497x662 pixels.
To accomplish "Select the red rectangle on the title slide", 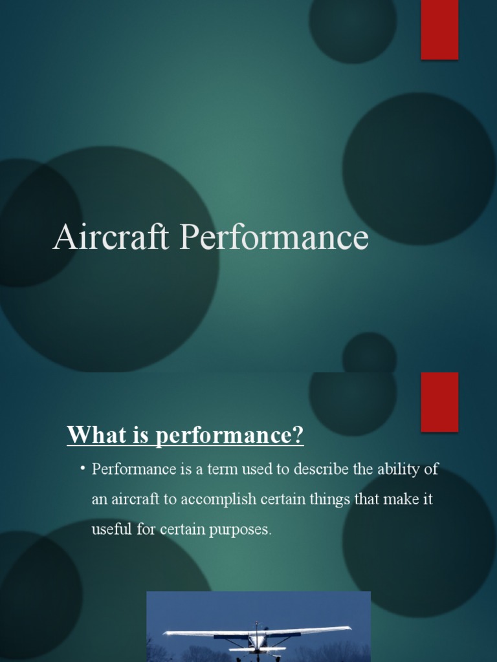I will point(439,29).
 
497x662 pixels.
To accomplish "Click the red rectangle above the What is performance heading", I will point(439,401).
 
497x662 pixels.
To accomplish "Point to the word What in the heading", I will point(92,435).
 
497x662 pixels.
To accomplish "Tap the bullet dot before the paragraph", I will point(83,468).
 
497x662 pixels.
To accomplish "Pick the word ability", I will point(399,469).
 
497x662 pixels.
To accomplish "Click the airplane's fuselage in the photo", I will point(257,640).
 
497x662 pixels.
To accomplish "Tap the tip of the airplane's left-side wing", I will point(166,633).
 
